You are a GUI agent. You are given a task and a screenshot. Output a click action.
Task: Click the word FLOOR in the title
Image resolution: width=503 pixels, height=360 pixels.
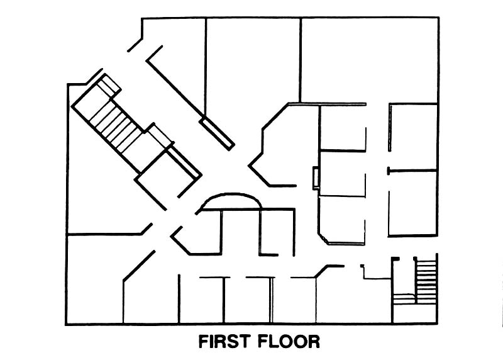point(289,342)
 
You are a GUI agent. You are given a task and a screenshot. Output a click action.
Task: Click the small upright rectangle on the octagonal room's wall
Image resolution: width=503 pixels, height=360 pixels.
point(315,177)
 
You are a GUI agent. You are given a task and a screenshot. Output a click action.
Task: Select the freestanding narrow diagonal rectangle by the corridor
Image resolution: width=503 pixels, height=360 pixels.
point(217,132)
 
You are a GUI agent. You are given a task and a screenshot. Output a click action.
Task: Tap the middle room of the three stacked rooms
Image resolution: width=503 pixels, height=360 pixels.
point(343,174)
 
